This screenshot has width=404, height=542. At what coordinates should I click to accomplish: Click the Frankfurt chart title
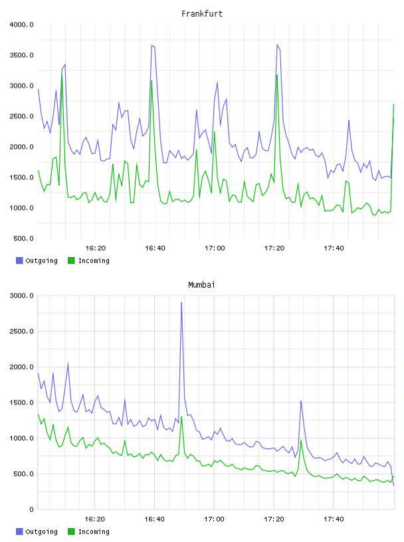pyautogui.click(x=202, y=14)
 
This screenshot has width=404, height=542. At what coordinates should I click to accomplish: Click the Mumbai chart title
pyautogui.click(x=201, y=285)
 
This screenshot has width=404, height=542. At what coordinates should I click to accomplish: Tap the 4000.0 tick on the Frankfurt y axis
pyautogui.click(x=21, y=25)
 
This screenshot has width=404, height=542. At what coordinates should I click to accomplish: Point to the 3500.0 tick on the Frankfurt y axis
pyautogui.click(x=21, y=55)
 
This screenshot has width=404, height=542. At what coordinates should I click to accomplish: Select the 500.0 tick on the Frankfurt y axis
pyautogui.click(x=23, y=238)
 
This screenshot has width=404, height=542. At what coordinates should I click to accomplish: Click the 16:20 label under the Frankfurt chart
pyautogui.click(x=96, y=248)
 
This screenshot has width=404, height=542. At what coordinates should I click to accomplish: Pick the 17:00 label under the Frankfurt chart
pyautogui.click(x=215, y=248)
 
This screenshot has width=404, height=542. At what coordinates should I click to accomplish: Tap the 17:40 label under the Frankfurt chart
pyautogui.click(x=334, y=248)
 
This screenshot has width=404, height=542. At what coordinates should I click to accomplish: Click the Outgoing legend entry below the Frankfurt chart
pyautogui.click(x=37, y=260)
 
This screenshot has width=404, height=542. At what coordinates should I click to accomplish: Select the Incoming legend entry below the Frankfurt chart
pyautogui.click(x=88, y=260)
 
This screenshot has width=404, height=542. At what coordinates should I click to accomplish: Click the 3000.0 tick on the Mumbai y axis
pyautogui.click(x=21, y=296)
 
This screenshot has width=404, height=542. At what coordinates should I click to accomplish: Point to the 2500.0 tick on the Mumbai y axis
pyautogui.click(x=21, y=331)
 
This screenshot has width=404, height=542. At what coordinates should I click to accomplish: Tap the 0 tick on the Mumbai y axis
pyautogui.click(x=31, y=509)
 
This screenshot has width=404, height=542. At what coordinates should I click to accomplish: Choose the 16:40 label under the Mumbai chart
pyautogui.click(x=154, y=519)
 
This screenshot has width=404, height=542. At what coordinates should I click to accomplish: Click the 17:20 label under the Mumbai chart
pyautogui.click(x=274, y=519)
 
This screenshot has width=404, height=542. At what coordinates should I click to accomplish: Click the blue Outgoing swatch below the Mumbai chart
pyautogui.click(x=19, y=531)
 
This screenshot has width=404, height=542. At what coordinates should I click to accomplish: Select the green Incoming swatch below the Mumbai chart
pyautogui.click(x=71, y=531)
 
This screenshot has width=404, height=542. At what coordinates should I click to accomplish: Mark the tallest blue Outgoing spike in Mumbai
pyautogui.click(x=181, y=303)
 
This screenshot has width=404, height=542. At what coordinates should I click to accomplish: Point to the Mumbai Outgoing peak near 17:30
pyautogui.click(x=301, y=401)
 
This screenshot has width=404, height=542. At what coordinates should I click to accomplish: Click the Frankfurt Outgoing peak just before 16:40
pyautogui.click(x=152, y=45)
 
